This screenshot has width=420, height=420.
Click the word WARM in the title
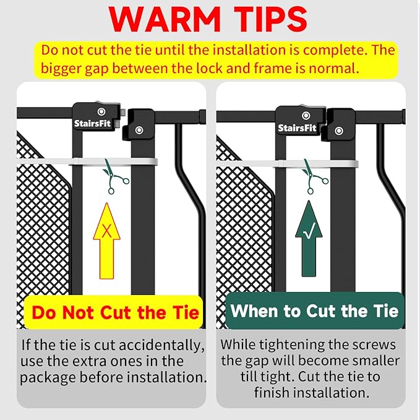pyautogui.click(x=165, y=19)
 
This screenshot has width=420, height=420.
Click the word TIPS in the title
pyautogui.click(x=270, y=19)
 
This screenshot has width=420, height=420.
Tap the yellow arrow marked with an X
pyautogui.click(x=106, y=241)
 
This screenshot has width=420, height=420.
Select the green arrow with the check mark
pyautogui.click(x=309, y=239)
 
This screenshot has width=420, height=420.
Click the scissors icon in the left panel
pyautogui.click(x=115, y=176)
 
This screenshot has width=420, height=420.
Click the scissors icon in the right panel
pyautogui.click(x=315, y=176)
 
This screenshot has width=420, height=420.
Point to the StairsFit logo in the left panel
pyautogui.click(x=92, y=124)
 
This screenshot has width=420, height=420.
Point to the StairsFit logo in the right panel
pyautogui.click(x=297, y=128)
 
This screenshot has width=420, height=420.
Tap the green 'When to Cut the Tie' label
pyautogui.click(x=315, y=311)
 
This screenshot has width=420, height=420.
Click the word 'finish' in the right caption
pyautogui.click(x=273, y=393)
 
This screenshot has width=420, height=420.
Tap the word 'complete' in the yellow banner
pyautogui.click(x=336, y=50)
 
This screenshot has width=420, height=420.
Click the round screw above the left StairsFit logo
pyautogui.click(x=101, y=111)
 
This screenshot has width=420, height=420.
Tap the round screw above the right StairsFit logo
pyautogui.click(x=306, y=116)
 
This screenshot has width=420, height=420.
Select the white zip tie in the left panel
pyautogui.click(x=87, y=162)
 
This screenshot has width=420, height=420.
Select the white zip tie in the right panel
pyautogui.click(x=287, y=164)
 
